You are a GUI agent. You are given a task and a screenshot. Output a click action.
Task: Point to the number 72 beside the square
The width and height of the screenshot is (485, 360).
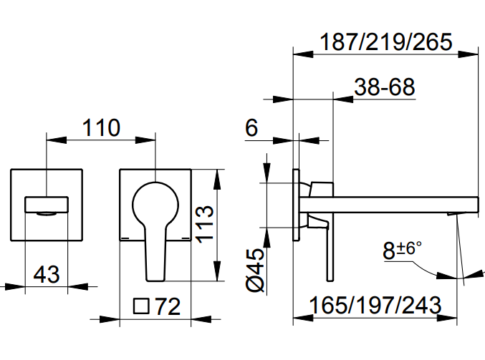(x=167, y=307)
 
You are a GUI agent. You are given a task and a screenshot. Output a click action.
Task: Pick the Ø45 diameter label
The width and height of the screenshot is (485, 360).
(x=256, y=269)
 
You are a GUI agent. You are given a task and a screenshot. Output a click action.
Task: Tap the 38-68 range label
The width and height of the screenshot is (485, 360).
(x=385, y=88)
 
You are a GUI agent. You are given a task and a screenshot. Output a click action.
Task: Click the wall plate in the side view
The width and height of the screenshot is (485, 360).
(x=296, y=207)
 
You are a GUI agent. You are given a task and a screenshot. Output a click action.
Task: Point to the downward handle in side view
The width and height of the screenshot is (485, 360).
(x=327, y=250)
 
